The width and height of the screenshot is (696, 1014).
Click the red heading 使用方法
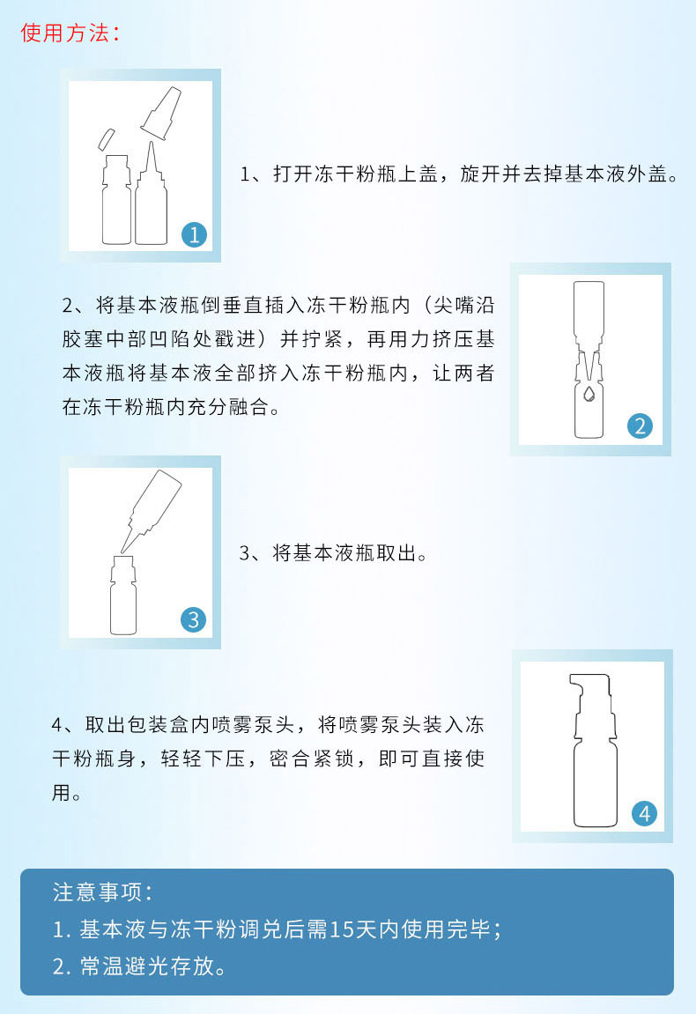[64, 33]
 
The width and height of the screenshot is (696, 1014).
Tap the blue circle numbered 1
[194, 234]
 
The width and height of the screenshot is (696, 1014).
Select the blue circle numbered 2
[640, 426]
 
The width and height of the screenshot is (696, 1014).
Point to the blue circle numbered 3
[194, 619]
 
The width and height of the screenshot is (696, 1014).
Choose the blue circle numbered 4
[644, 813]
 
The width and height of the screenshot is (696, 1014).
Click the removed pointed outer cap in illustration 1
[161, 113]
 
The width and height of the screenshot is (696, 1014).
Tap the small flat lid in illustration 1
[106, 139]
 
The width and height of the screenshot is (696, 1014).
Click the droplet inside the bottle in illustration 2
[589, 393]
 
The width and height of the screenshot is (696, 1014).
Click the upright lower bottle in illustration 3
[123, 595]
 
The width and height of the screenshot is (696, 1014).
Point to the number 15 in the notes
[342, 929]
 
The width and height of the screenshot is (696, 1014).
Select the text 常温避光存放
[147, 966]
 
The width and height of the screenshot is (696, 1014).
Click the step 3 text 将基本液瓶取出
[344, 553]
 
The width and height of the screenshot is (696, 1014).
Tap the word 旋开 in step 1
[481, 174]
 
